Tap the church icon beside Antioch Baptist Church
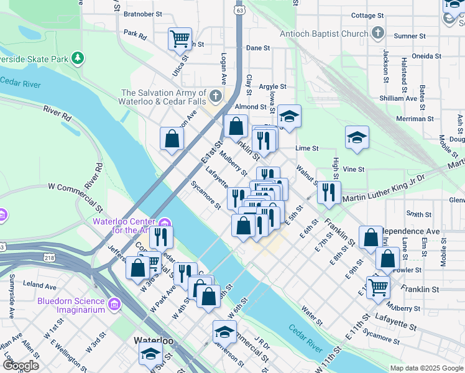pos(377,32)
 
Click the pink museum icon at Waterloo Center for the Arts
pos(164,223)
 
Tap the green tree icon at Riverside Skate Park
pos(77,59)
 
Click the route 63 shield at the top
pos(240,10)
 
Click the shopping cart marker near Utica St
pos(180,39)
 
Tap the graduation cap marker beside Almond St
pos(289,116)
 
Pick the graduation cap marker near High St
pos(357,137)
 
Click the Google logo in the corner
pos(21,366)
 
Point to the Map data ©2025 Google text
pos(426,367)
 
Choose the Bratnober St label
pos(142,13)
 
